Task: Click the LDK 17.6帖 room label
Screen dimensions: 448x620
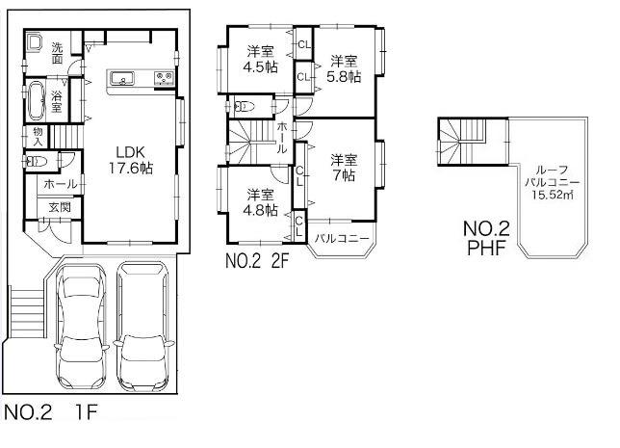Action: tap(130, 158)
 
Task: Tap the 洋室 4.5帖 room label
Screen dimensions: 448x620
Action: tap(259, 60)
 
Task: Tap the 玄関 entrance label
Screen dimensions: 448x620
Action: tap(60, 206)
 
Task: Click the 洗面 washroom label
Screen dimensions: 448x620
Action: tap(59, 53)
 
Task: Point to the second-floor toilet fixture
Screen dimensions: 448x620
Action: tap(243, 107)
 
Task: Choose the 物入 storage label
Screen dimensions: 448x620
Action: tap(38, 135)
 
